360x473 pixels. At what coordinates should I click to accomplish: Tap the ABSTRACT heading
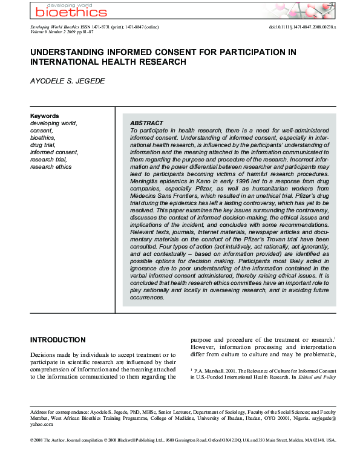[147, 122]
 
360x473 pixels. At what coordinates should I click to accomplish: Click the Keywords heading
[45, 116]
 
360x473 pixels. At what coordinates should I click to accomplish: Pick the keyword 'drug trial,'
[44, 145]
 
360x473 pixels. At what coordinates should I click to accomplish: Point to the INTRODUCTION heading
[58, 340]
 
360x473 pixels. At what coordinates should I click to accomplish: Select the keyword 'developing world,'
[53, 123]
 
